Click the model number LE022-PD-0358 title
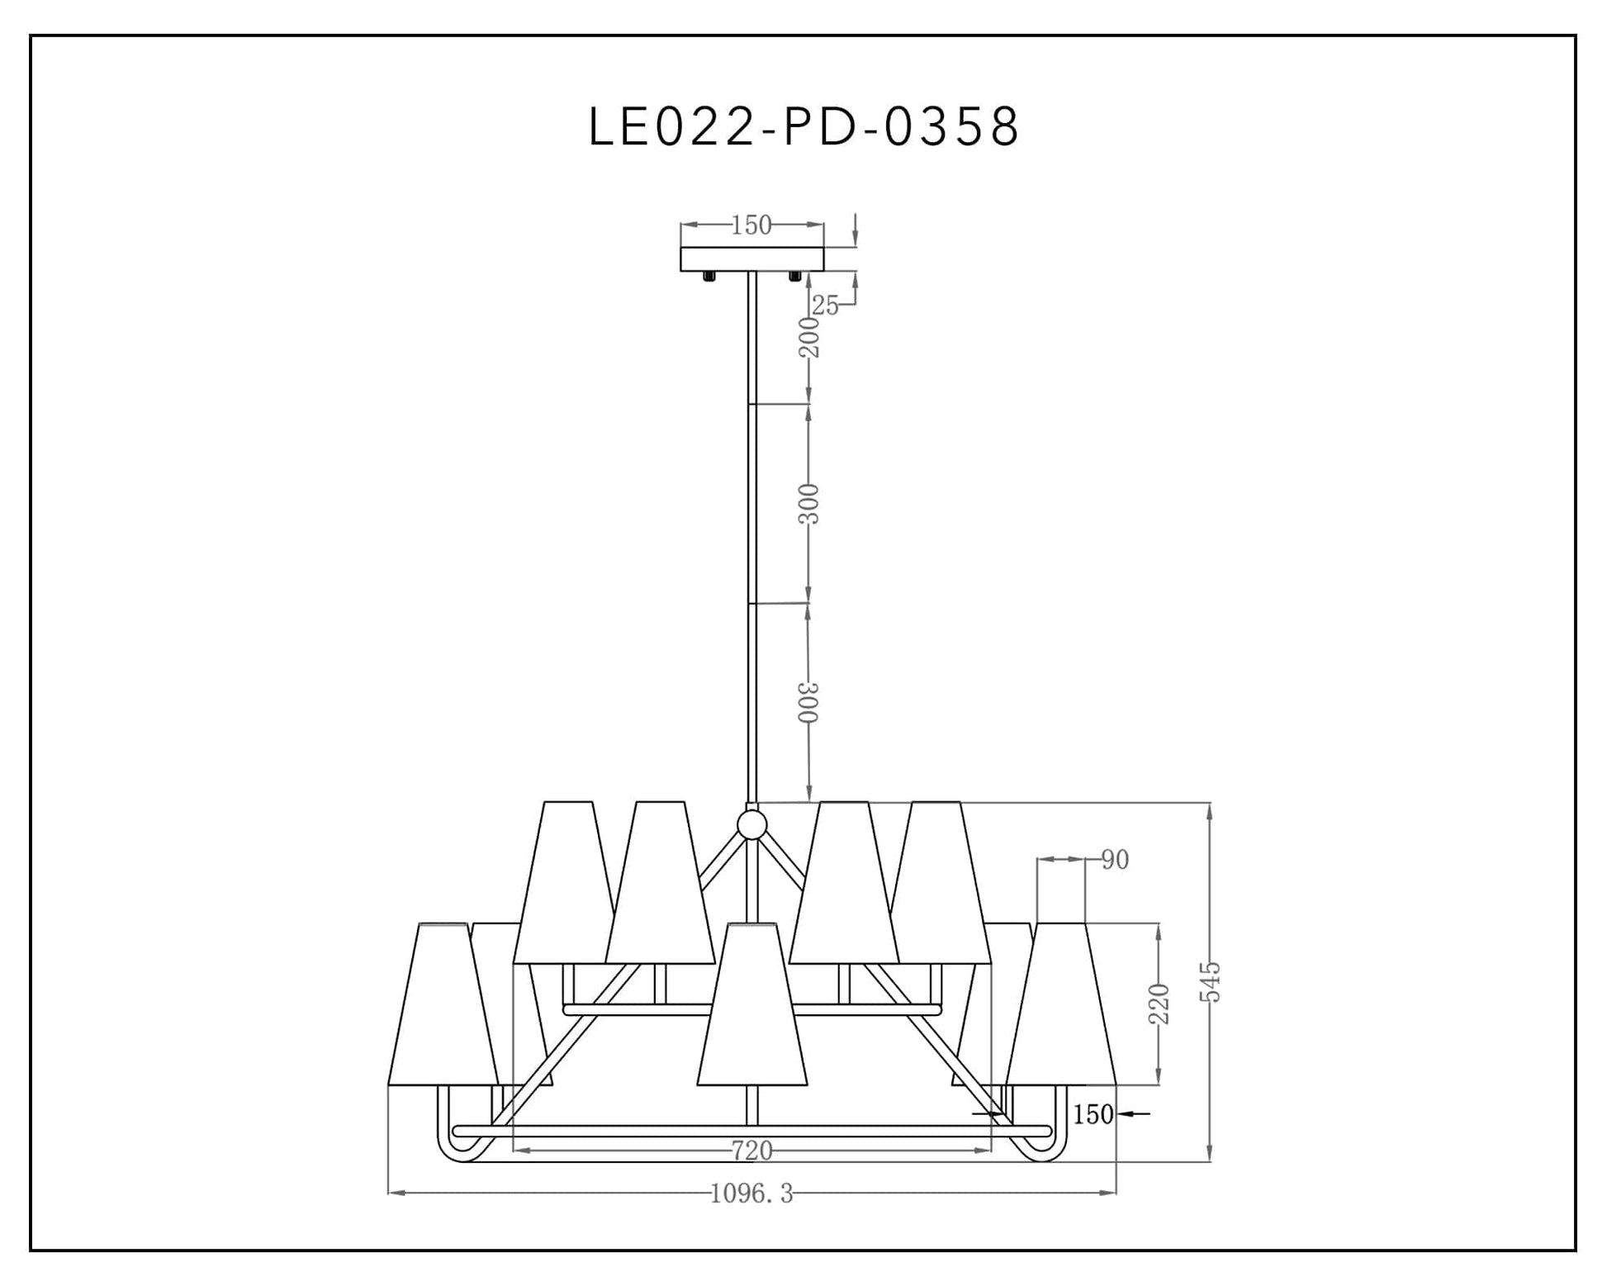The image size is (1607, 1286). pyautogui.click(x=803, y=127)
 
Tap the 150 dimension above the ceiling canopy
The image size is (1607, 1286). pyautogui.click(x=751, y=225)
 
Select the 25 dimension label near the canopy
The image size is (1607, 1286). pyautogui.click(x=825, y=306)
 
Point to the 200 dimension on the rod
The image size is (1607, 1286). pyautogui.click(x=810, y=337)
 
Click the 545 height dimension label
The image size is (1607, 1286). pyautogui.click(x=1210, y=981)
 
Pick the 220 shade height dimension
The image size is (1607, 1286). pyautogui.click(x=1159, y=1004)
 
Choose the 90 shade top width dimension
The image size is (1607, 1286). pyautogui.click(x=1115, y=860)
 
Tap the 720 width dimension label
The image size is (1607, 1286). pyautogui.click(x=751, y=1150)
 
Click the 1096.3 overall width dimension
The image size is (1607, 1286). pyautogui.click(x=751, y=1193)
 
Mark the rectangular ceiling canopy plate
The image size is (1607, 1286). pyautogui.click(x=751, y=259)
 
